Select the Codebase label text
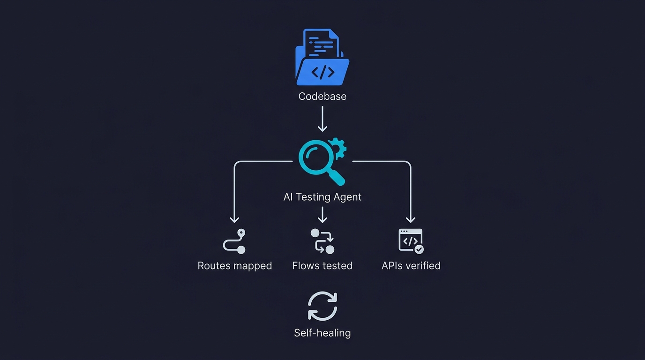(x=322, y=97)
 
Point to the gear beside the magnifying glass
(x=337, y=148)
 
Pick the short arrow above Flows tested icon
(x=322, y=215)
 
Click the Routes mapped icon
(x=234, y=241)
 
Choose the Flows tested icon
(x=322, y=241)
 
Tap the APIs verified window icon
(x=410, y=240)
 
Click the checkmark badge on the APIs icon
(x=420, y=249)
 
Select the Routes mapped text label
(x=235, y=266)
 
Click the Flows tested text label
(x=322, y=266)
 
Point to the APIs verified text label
(x=411, y=266)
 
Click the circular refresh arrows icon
(x=322, y=306)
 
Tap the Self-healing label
(x=322, y=333)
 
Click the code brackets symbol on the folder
(x=323, y=72)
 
